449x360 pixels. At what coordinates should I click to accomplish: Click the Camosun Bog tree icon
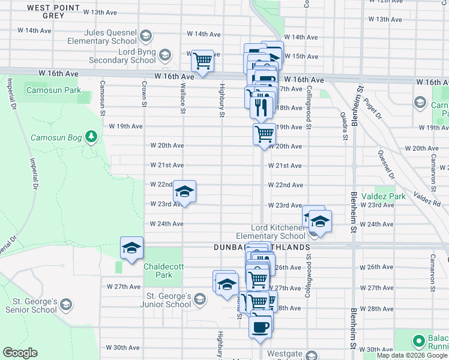click(x=91, y=137)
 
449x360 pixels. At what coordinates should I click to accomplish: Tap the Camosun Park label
click(x=53, y=91)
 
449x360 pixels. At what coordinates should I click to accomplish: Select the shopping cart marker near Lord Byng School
click(x=203, y=61)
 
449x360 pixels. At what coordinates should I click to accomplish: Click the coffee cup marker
click(x=260, y=327)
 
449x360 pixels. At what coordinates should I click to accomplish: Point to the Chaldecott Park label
click(x=157, y=271)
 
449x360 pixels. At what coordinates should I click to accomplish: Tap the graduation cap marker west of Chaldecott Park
click(x=131, y=247)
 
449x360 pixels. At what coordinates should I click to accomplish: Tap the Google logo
click(x=20, y=353)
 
